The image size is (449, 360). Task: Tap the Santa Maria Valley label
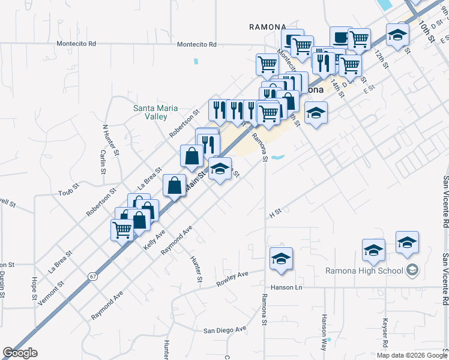(x=150, y=112)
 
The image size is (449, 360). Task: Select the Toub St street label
(x=68, y=193)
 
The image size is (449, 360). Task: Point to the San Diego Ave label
(x=225, y=329)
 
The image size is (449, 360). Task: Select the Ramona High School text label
(x=364, y=271)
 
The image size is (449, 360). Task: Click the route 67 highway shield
(x=92, y=276)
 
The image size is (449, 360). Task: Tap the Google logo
(x=20, y=353)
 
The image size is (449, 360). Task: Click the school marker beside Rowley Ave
(x=281, y=258)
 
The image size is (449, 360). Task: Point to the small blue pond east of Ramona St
(x=277, y=158)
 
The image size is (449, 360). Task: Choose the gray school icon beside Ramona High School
(x=412, y=271)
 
